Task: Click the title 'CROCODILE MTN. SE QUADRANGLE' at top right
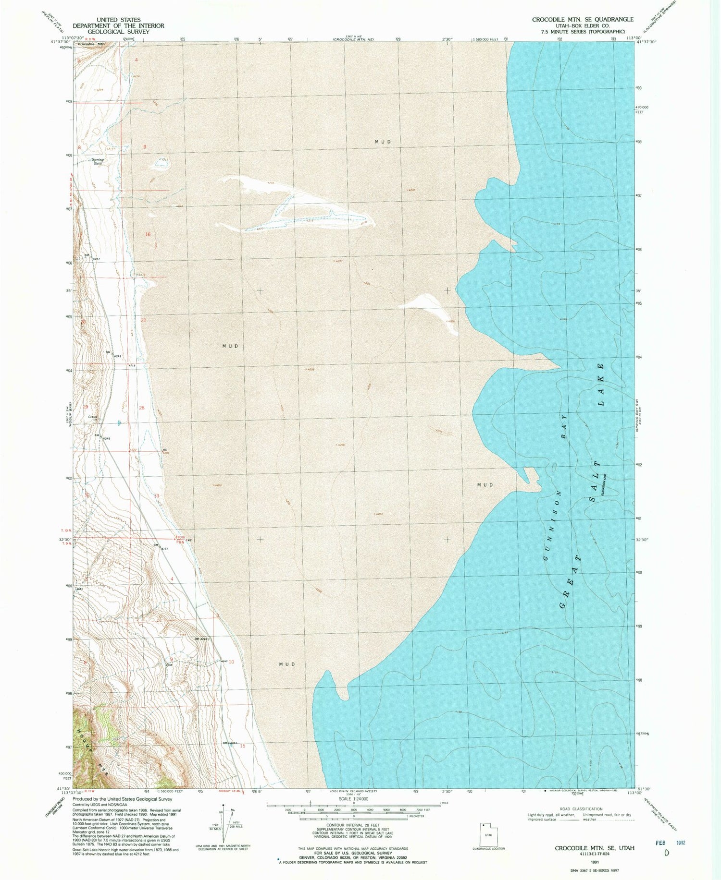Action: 582,19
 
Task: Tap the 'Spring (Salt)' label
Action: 98,161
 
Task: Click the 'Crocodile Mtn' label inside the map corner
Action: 91,44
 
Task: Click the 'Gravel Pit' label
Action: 93,417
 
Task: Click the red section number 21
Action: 143,320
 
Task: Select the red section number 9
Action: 144,146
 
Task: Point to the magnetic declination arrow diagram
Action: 224,824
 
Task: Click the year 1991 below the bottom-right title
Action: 594,861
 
